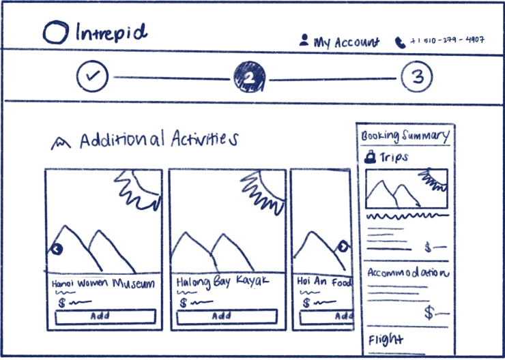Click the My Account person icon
point(304,40)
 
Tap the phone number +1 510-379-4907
point(446,41)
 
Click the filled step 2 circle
point(249,77)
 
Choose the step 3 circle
point(416,77)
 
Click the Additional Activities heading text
point(159,140)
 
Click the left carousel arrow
point(57,250)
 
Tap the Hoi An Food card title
point(324,282)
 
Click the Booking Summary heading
point(405,135)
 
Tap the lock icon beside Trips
point(371,157)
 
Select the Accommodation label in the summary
point(407,272)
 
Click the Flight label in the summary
point(386,339)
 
